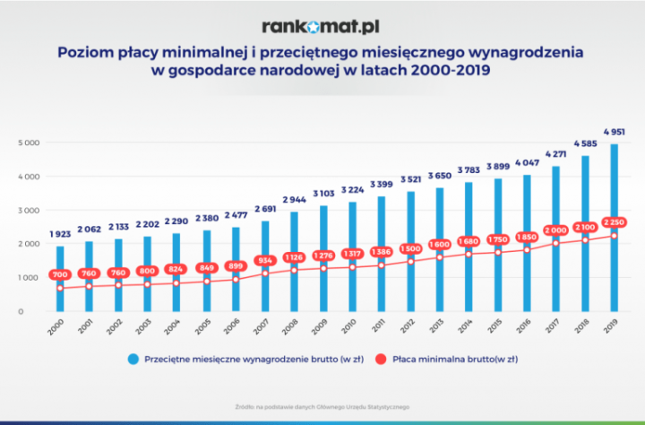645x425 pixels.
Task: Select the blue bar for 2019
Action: coord(615,233)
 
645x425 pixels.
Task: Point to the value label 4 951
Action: coord(615,132)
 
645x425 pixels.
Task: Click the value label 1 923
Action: coord(60,234)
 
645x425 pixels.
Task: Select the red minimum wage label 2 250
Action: coord(615,222)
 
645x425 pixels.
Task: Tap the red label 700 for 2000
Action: coord(60,274)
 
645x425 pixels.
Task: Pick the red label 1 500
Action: coord(410,247)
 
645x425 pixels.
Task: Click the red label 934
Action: coord(264,260)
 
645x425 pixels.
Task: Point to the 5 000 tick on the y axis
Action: coord(27,143)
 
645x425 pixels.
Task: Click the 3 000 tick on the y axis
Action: coord(27,210)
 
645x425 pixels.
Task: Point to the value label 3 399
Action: coord(381,185)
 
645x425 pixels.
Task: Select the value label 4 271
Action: coord(556,154)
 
